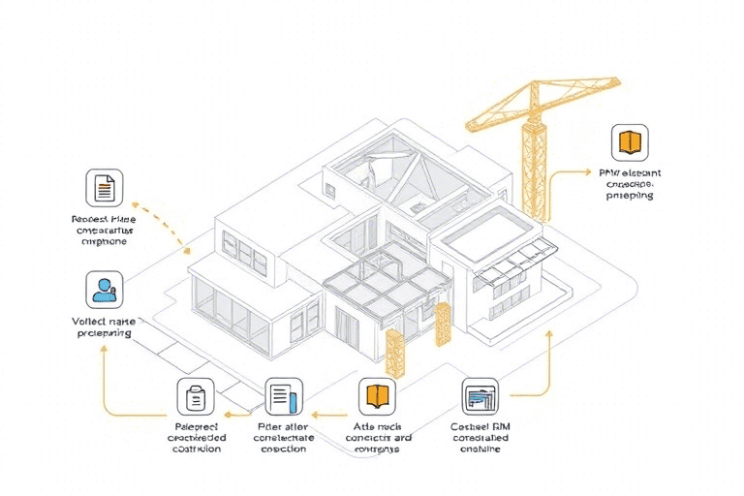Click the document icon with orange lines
[x=104, y=186]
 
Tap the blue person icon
[x=104, y=289]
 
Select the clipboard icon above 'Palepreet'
[x=194, y=396]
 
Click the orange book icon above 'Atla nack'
[x=377, y=395]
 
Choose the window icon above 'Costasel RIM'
[x=480, y=395]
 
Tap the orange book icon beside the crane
[x=630, y=141]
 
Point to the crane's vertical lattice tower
[x=531, y=165]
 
